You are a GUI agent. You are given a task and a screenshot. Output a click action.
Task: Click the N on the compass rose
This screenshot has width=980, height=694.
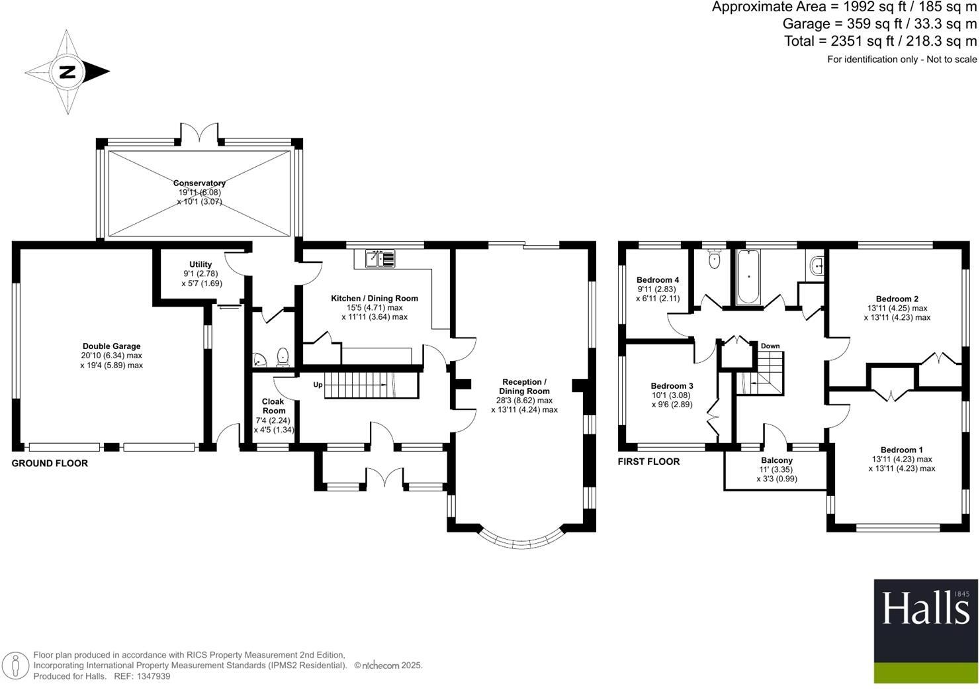pos(67,72)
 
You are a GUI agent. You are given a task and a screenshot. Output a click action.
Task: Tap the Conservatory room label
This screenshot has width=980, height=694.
pos(199,183)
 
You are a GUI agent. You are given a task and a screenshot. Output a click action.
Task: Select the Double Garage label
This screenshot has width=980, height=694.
pos(111,346)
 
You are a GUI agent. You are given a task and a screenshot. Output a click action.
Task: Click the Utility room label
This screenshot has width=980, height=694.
pos(200,264)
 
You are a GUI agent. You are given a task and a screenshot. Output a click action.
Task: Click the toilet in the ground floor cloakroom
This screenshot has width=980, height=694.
pos(283,358)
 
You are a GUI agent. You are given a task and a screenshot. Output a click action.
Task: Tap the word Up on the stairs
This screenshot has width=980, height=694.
pos(318,385)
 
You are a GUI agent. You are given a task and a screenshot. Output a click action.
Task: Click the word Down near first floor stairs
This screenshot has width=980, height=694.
pos(770,346)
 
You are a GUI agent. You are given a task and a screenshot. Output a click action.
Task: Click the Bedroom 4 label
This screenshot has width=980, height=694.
pos(657,279)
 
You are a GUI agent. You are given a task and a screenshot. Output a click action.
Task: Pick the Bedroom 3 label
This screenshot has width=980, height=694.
pos(672,386)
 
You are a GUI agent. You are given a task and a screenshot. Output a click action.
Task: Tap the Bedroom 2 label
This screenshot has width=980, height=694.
pos(897,299)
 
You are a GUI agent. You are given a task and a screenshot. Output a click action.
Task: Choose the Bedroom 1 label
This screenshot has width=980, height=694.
pos(901,450)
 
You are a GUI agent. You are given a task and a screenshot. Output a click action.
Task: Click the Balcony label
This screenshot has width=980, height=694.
pos(776,460)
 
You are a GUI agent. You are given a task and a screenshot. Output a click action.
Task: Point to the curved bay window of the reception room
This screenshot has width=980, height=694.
pos(521,542)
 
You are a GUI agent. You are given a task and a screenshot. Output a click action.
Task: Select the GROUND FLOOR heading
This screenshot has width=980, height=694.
pos(50,464)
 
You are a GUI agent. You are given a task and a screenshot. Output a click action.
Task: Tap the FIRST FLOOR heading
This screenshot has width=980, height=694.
pos(648,462)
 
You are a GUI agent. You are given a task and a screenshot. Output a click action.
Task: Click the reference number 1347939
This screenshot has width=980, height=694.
pos(152,676)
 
